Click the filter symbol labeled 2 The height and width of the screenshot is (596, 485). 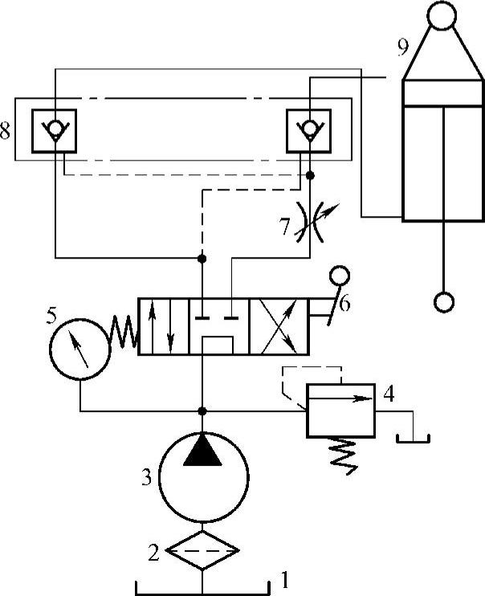click(x=203, y=550)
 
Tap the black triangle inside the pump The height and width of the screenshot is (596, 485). click(x=202, y=452)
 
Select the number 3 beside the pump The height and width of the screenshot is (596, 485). click(x=146, y=479)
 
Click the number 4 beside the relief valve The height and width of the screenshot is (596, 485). click(x=389, y=394)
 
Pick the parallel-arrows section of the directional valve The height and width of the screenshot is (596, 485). click(x=165, y=326)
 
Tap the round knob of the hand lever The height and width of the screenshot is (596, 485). click(x=339, y=277)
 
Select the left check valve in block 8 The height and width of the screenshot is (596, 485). click(x=54, y=129)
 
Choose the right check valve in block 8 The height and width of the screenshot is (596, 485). click(x=311, y=129)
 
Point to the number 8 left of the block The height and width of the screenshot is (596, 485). click(x=6, y=131)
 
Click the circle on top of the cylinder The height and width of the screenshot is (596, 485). click(x=441, y=15)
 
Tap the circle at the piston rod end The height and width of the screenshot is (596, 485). click(x=443, y=302)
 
